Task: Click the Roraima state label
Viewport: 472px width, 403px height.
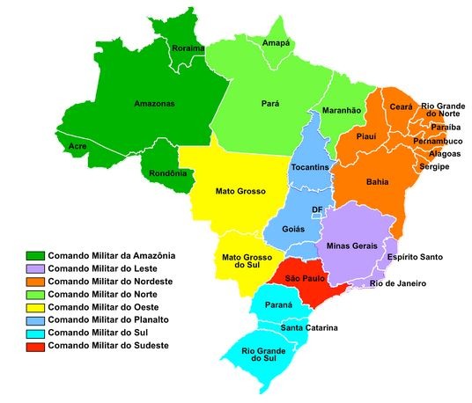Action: (x=188, y=48)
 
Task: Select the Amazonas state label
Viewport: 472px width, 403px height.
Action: (x=154, y=103)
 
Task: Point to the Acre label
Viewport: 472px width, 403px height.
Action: (x=77, y=145)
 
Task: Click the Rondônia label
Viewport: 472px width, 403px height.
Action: (x=167, y=173)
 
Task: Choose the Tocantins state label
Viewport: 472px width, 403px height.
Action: (x=310, y=167)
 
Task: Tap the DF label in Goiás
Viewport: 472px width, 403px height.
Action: (x=317, y=209)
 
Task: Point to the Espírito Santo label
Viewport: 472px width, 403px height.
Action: (x=414, y=257)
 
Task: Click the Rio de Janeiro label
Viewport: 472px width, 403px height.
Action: (x=398, y=283)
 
